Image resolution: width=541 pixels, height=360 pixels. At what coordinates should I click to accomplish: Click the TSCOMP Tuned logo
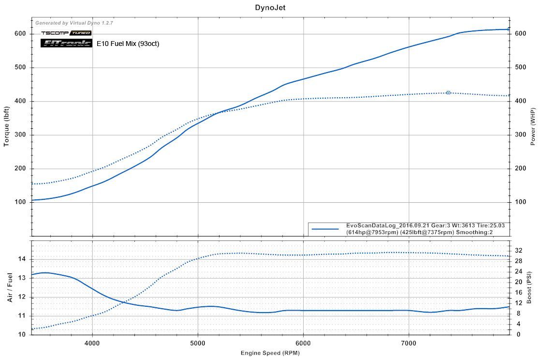coord(66,33)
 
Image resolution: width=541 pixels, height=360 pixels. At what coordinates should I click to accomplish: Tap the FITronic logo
coord(66,43)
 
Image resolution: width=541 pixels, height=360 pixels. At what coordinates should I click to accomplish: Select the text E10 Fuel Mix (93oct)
coord(128,44)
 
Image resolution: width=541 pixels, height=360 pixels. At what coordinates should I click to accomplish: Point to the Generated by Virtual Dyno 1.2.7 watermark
coord(74,23)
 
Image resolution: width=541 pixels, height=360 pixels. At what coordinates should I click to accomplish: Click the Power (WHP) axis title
coord(533,127)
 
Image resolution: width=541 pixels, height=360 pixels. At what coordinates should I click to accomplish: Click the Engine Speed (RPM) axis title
coord(271,353)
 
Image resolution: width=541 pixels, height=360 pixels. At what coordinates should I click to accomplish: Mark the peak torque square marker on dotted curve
coord(448,92)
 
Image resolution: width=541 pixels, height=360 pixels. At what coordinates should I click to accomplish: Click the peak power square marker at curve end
coord(509,29)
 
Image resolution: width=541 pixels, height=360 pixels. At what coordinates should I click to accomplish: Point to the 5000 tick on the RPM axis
coord(197,343)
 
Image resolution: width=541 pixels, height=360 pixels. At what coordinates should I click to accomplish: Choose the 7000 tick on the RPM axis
coord(409,343)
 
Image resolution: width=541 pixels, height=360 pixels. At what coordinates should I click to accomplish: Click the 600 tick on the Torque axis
coord(19,33)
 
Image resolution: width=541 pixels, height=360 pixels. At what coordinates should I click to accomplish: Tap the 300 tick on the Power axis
coord(520,135)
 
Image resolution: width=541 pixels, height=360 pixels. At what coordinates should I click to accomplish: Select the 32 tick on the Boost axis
coord(518,250)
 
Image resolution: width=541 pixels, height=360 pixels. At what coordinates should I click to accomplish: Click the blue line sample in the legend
coord(325,229)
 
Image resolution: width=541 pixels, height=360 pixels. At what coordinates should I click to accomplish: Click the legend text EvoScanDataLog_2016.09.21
coord(377,225)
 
